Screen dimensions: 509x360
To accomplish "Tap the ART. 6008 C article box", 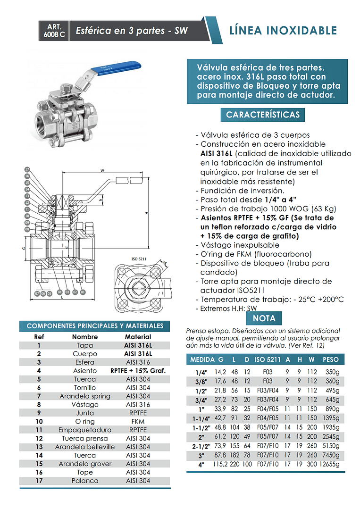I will pos(54,30).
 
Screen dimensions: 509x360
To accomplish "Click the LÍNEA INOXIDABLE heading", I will pos(283,31).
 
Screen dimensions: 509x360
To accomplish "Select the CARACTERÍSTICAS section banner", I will pos(263,115).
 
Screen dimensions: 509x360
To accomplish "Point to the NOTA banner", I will pos(264,318).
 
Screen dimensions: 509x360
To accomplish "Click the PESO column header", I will pos(330,359).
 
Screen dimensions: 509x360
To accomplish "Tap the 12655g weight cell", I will pos(328,464).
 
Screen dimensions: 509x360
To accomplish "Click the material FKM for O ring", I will pos(138,421).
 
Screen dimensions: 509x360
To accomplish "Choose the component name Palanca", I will pos(85,481).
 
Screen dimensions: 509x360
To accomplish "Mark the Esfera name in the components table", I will pos(85,362).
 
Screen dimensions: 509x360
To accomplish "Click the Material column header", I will pos(138,337).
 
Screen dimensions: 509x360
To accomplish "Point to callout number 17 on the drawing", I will pos(27,169).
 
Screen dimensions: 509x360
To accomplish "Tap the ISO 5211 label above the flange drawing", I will pos(140,259).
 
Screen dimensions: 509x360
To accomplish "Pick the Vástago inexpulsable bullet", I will pos(239,245).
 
